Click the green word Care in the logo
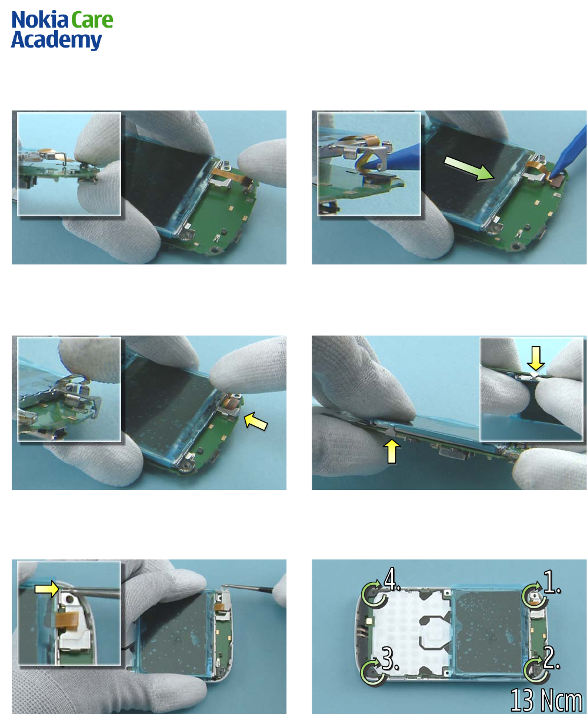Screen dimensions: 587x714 tap(92, 21)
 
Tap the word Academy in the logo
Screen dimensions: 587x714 tap(56, 41)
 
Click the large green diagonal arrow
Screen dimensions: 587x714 tap(469, 168)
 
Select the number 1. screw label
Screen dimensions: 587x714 tap(552, 582)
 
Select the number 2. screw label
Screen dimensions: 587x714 tap(551, 658)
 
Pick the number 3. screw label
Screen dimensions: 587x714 tap(391, 659)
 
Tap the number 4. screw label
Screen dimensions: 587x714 tap(392, 579)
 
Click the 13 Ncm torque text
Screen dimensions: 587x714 tap(546, 700)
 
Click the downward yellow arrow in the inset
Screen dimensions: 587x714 tap(536, 357)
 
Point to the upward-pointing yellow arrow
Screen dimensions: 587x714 tap(392, 451)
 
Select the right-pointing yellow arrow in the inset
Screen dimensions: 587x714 tap(47, 589)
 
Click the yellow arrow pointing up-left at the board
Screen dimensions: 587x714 tap(255, 421)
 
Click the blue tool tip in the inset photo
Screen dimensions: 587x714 tap(392, 158)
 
